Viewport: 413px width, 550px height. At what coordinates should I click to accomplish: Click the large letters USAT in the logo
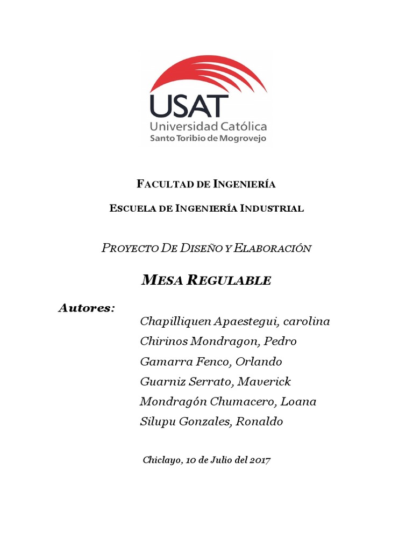tap(186, 106)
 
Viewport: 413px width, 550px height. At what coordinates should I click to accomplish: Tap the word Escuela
tap(129, 208)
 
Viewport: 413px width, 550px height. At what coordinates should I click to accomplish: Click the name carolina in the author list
tap(306, 322)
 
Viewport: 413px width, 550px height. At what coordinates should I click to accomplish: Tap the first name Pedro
tap(281, 342)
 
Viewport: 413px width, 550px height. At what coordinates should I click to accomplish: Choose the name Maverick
tap(264, 382)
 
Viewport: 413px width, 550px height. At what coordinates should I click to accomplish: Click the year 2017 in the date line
tap(260, 460)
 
